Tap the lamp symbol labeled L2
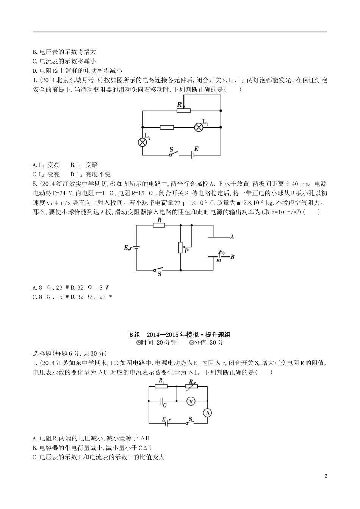(142, 142)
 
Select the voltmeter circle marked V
(191, 401)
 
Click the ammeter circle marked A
(207, 413)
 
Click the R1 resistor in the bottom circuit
(161, 387)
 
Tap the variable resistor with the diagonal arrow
(191, 387)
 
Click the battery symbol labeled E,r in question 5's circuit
(136, 248)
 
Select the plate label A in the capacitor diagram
(232, 237)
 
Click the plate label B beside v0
(232, 256)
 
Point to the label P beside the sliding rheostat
(186, 250)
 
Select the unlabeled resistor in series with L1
(167, 127)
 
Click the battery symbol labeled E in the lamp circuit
(195, 154)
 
